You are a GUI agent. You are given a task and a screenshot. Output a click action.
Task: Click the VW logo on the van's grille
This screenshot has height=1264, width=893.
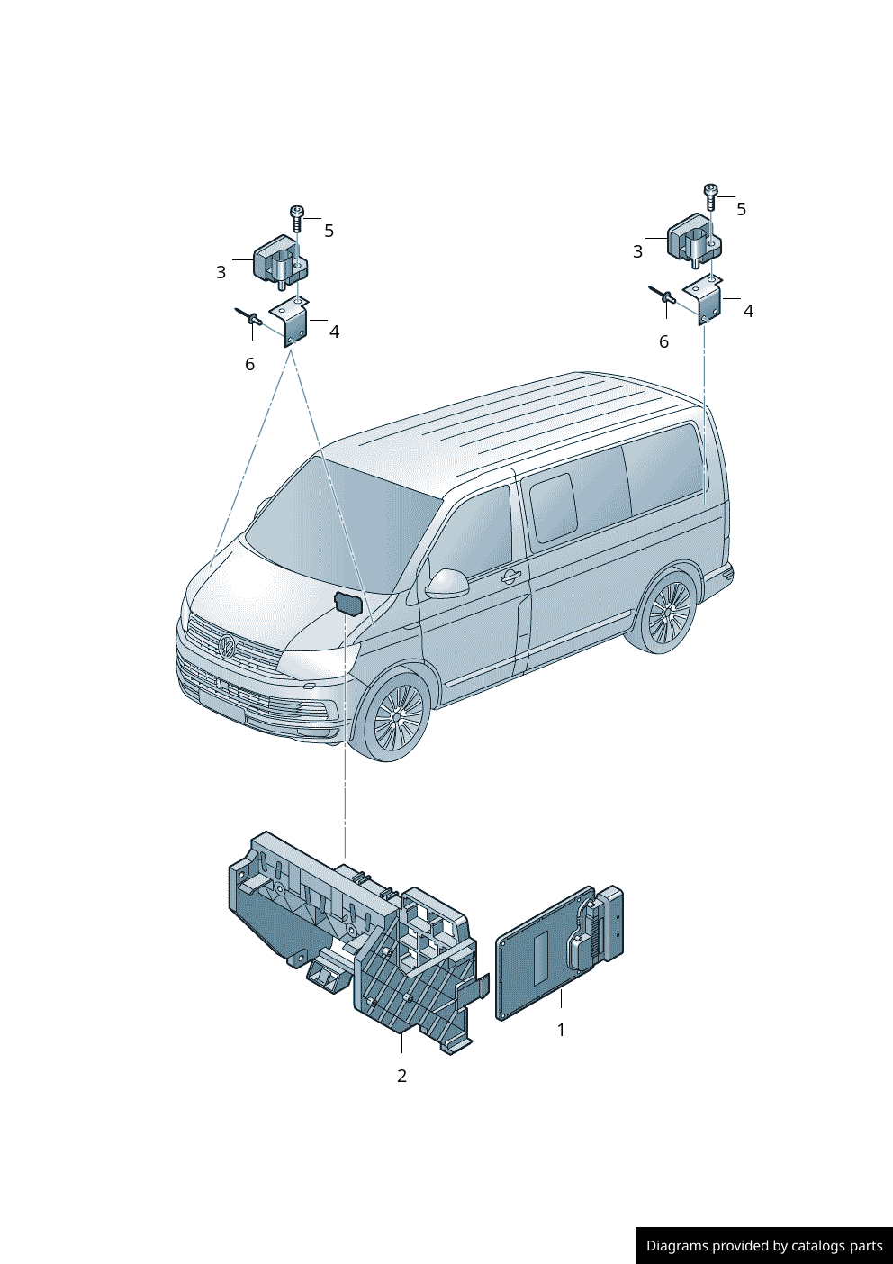click(x=227, y=645)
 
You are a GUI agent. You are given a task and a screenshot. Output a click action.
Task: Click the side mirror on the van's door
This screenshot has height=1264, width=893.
click(x=447, y=583)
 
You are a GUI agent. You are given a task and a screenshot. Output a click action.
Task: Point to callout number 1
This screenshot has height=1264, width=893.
click(x=561, y=1030)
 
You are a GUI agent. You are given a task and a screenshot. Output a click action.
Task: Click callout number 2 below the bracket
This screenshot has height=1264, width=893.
click(x=401, y=1076)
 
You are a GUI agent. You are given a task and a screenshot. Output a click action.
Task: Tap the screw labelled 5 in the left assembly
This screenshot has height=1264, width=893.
click(x=297, y=217)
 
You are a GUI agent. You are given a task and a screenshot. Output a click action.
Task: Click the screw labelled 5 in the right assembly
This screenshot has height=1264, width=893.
click(x=710, y=196)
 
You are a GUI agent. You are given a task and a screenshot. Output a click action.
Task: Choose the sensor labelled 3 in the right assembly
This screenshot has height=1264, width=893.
click(x=694, y=238)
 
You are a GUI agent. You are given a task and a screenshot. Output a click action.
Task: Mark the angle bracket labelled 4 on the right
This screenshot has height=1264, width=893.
click(x=707, y=301)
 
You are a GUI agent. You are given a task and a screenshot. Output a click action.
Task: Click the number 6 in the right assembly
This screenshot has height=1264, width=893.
click(x=663, y=342)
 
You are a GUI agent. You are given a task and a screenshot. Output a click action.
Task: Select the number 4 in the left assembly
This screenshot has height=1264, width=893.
click(x=334, y=332)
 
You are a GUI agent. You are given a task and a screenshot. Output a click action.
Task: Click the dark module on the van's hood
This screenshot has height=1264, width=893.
click(x=347, y=604)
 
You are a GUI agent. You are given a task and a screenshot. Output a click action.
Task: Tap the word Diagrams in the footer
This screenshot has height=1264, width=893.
click(x=676, y=1246)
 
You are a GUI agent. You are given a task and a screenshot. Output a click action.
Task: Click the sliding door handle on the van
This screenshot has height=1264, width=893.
click(x=510, y=577)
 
